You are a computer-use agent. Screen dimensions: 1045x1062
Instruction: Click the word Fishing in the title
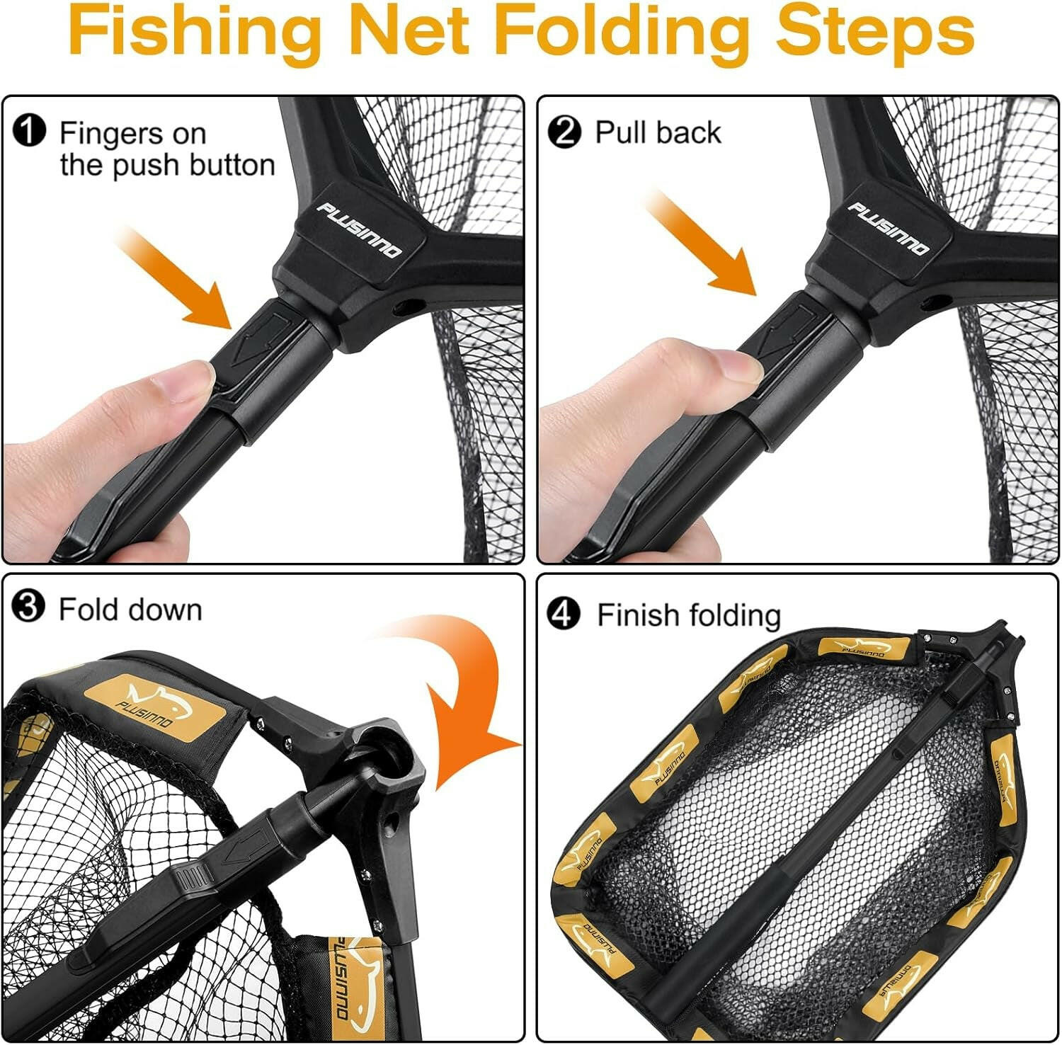tap(198, 32)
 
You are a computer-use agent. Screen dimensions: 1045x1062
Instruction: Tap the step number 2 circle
tap(564, 132)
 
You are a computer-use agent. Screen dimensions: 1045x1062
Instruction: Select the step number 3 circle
tap(29, 607)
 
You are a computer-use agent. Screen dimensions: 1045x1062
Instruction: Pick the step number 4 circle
tap(564, 614)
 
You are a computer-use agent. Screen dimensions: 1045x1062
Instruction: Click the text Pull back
tap(658, 132)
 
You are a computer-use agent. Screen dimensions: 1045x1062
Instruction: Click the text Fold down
tap(130, 610)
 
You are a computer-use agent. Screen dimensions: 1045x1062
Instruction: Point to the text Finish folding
tap(688, 615)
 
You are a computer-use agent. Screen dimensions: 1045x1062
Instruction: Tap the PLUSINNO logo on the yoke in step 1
tap(359, 230)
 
